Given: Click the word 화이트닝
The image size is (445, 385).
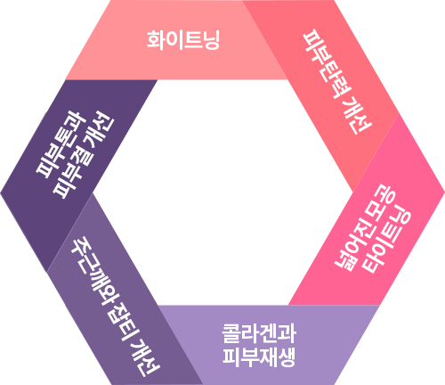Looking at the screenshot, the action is [183, 40].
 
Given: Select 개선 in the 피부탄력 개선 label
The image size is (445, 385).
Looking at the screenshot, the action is [357, 116].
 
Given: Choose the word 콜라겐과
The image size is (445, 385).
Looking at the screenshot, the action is [259, 333].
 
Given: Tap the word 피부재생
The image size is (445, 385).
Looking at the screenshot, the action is [259, 356].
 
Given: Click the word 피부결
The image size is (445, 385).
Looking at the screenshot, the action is [73, 175].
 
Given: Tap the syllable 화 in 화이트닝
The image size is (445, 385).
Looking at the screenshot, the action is [156, 40].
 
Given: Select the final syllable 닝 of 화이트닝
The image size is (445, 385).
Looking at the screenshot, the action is [211, 40].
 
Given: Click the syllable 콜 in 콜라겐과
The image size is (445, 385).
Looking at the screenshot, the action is [231, 333].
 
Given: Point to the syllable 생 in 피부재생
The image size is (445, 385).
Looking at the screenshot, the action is [287, 356].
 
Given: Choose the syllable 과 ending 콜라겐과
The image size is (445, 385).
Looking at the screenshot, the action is [287, 333].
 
